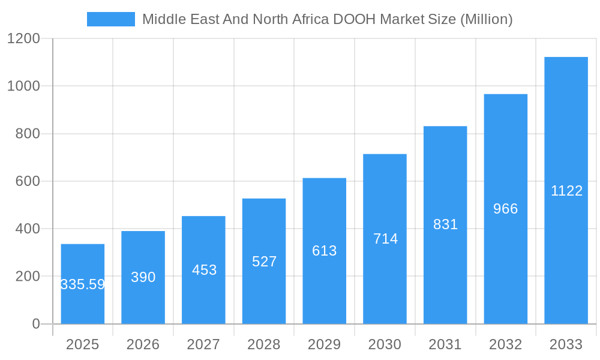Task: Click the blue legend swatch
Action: coord(111,19)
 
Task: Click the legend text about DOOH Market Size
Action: coord(327,19)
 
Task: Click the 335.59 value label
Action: coord(83,284)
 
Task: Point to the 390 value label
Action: coord(143,277)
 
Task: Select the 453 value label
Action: coord(204,270)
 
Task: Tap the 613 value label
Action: coord(325,251)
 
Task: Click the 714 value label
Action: coord(385,239)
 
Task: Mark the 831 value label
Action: coord(445,224)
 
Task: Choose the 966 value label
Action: coord(505,209)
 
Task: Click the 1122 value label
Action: coord(566,191)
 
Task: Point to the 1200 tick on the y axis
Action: coord(23,39)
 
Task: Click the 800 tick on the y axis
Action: coord(28,134)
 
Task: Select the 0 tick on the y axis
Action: coord(35,324)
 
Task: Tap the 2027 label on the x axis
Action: coord(203,344)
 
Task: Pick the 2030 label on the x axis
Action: coord(385,344)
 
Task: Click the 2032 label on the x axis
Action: coord(505,344)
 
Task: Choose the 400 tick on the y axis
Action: coord(28,229)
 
